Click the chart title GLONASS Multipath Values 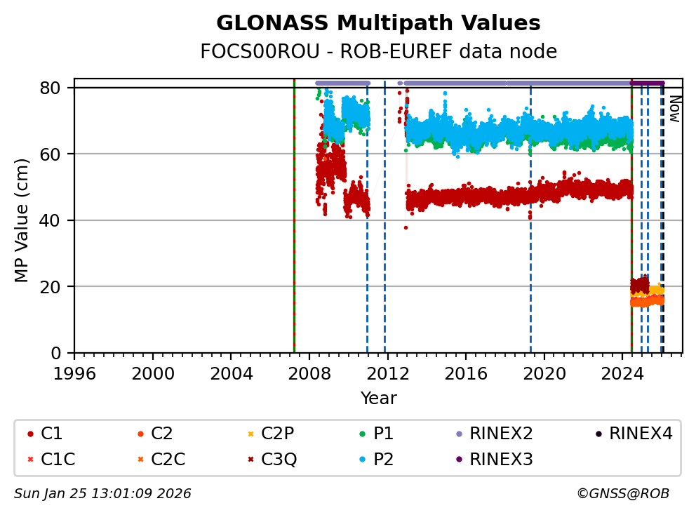(378, 24)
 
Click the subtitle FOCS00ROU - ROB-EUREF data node (378, 52)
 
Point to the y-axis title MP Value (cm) (22, 220)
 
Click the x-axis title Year (378, 399)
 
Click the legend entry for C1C (58, 460)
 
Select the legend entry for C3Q (279, 460)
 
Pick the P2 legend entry (383, 460)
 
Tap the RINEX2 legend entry (501, 434)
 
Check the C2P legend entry (278, 434)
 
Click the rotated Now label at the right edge (674, 109)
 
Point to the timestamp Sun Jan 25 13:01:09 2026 (102, 494)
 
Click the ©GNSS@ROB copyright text (623, 494)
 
